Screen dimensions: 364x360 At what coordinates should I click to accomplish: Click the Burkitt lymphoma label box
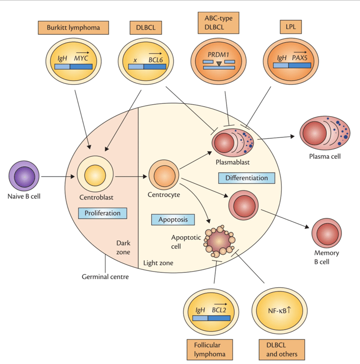(74, 27)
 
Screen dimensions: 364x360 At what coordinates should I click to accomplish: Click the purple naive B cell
(24, 176)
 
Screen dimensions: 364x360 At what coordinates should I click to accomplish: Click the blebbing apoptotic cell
(220, 241)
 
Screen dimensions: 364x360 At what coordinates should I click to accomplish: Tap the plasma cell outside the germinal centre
(325, 133)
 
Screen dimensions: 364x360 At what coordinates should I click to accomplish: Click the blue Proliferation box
(102, 213)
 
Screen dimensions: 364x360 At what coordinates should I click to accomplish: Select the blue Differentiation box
(246, 178)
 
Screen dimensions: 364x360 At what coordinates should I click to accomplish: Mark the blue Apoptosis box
(173, 219)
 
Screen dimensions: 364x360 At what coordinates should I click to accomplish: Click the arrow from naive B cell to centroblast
(57, 177)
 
